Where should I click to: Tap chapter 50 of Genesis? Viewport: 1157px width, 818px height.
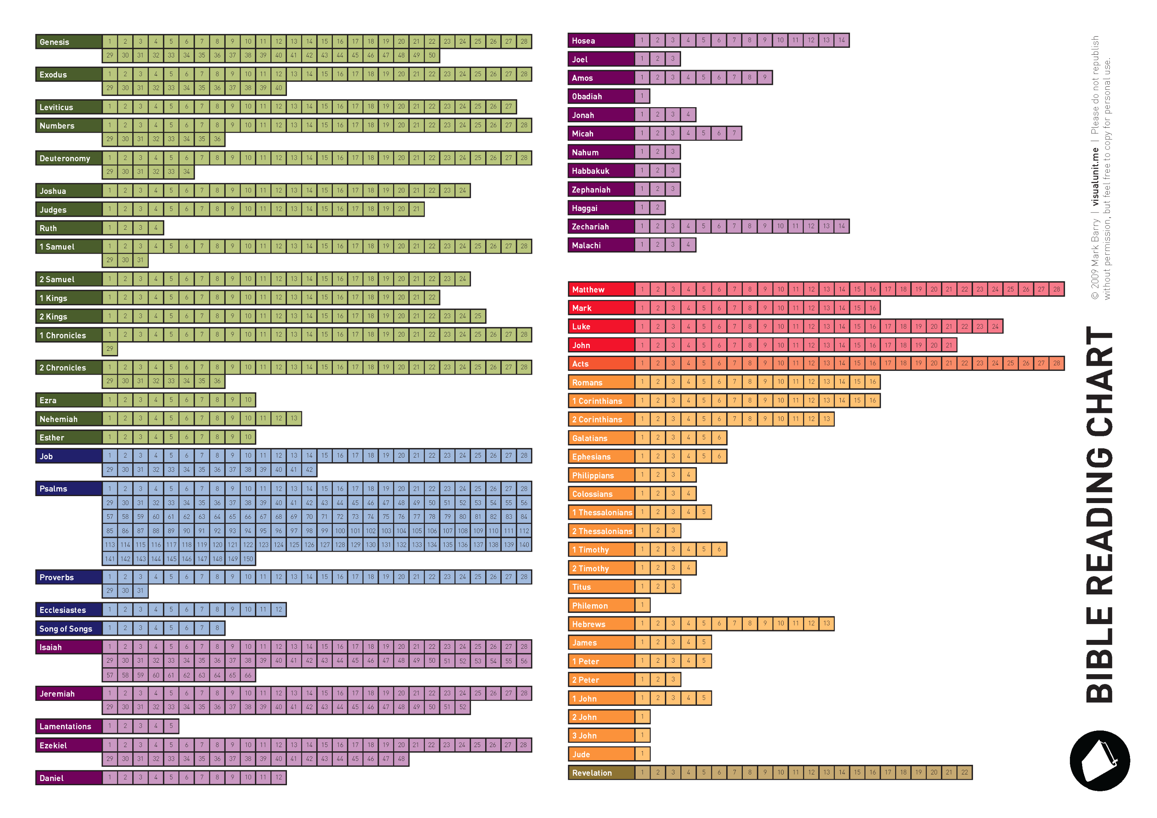(x=432, y=56)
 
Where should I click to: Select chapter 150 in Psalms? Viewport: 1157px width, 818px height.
(x=248, y=559)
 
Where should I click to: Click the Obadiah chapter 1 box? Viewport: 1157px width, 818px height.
(x=642, y=96)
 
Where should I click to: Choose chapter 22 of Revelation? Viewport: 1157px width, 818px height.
(x=965, y=772)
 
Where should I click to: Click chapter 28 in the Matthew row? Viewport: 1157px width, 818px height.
(x=1057, y=289)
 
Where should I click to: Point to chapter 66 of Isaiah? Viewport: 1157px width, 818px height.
(x=248, y=675)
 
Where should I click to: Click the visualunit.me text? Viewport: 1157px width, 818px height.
(x=1095, y=176)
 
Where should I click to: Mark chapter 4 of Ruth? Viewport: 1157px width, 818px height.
(x=156, y=228)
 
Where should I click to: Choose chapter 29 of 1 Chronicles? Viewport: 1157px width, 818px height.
(x=110, y=348)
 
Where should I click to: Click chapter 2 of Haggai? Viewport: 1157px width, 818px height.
(x=657, y=207)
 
